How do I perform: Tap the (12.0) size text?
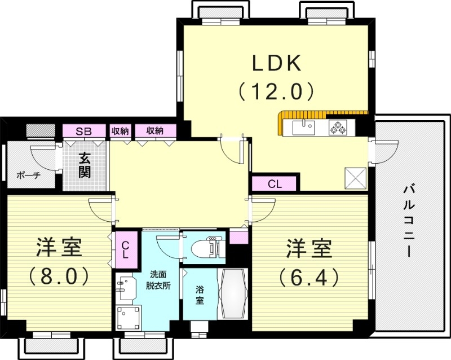click(276, 91)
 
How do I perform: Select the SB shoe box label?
click(84, 131)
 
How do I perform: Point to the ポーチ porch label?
click(29, 175)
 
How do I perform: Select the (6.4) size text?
click(308, 276)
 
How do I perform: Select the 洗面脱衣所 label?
click(158, 280)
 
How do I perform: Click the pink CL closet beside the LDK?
click(274, 184)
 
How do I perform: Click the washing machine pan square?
click(128, 318)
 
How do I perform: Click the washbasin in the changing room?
click(127, 287)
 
